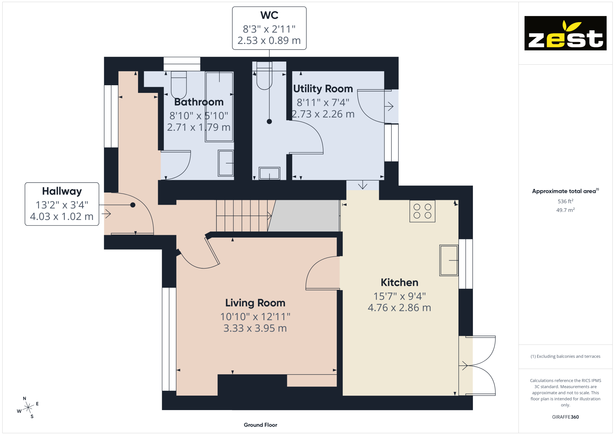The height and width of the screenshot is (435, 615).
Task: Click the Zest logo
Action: click(x=565, y=33)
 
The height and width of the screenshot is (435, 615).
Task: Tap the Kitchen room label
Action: click(x=399, y=282)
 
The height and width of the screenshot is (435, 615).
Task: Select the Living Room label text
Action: click(x=255, y=303)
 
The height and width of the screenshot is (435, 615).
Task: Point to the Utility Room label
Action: click(x=323, y=89)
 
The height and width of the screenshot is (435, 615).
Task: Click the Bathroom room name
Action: click(x=199, y=102)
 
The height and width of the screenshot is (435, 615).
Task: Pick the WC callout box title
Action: click(x=269, y=15)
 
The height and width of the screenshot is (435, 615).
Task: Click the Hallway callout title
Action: click(x=62, y=191)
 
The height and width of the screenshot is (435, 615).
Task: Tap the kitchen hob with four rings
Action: click(x=422, y=211)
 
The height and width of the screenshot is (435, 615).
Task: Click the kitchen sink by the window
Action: click(x=449, y=260)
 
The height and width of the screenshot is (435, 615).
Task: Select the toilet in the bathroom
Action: click(x=179, y=84)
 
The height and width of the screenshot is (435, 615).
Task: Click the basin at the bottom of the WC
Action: click(x=269, y=173)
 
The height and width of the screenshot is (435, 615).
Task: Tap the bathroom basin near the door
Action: click(x=226, y=163)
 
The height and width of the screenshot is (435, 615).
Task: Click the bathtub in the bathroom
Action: click(x=219, y=107)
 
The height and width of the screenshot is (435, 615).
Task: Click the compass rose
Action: click(x=28, y=407)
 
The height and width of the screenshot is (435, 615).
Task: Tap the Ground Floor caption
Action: click(x=260, y=425)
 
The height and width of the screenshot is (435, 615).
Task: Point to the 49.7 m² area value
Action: click(x=565, y=210)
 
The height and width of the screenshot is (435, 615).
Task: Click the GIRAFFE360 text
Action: click(x=565, y=417)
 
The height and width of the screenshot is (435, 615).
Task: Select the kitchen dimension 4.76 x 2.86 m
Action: click(x=399, y=308)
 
